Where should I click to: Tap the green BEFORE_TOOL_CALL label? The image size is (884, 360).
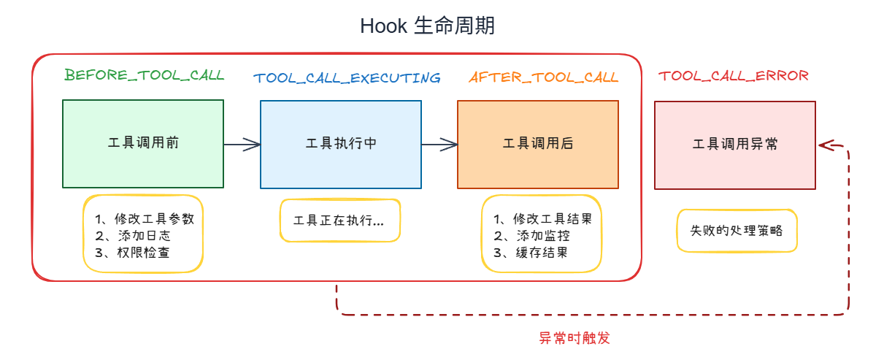pos(144,75)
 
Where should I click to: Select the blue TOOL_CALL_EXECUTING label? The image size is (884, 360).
pos(347,77)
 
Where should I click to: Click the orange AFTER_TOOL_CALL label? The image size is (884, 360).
pos(543,77)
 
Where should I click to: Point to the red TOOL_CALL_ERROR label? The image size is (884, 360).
pos(733,75)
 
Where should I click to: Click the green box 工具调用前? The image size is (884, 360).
pos(143,144)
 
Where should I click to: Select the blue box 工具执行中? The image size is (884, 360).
pos(341,144)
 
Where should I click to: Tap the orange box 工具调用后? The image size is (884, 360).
pos(538,144)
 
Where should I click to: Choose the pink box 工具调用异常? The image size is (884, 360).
pos(735,145)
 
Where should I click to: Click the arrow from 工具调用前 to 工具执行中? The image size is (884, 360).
pos(242,145)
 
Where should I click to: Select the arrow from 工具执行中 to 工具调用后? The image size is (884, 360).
pos(439,145)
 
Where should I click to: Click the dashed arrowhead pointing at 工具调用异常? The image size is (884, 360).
pos(826,145)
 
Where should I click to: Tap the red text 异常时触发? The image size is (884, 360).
pos(574,338)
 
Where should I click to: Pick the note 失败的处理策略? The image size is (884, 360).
pos(736,230)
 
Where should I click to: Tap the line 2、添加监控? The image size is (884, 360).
pos(531,236)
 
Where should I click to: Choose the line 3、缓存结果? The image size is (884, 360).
pos(531,253)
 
